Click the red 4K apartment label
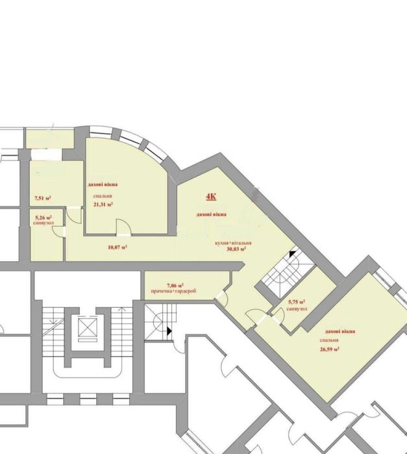pos(212,197)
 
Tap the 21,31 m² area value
pos(103,204)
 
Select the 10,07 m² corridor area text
pos(116,247)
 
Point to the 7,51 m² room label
pos(42,198)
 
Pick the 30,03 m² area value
pos(234,249)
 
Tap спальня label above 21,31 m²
pos(101,195)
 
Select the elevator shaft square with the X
pos(85,326)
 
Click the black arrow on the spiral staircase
pos(169,331)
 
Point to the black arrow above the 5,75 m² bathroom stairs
pos(292,254)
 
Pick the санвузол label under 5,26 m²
pos(45,221)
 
